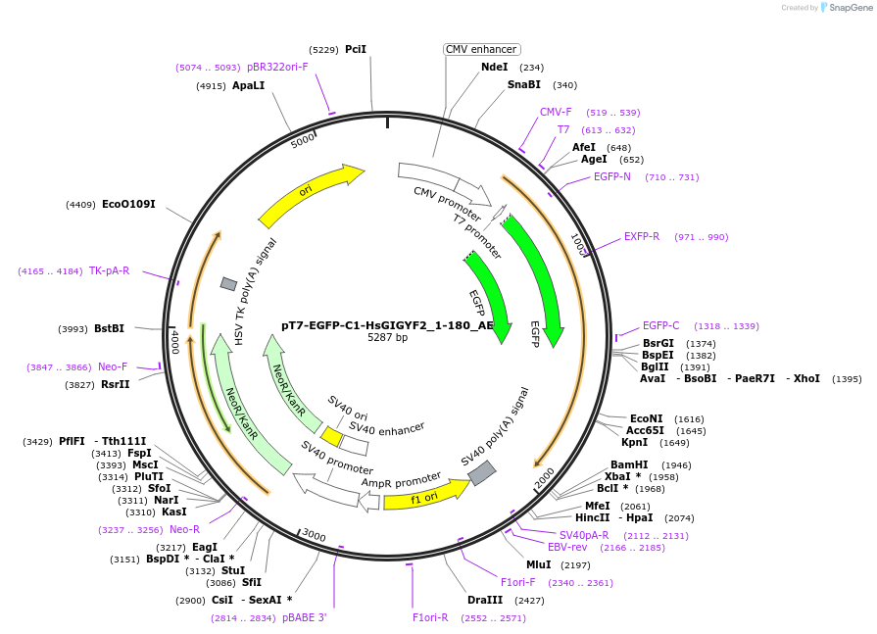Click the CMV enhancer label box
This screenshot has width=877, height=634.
pos(481,49)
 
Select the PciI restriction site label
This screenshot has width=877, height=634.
pos(356,49)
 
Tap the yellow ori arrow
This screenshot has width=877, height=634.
pos(311,194)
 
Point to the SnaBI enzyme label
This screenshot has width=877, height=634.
pos(523,84)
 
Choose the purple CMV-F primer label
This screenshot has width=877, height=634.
pos(556,112)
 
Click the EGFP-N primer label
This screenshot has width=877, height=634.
pos(612,177)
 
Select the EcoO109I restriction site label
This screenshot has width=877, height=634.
pos(128,204)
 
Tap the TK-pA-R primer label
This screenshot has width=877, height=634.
pos(109,270)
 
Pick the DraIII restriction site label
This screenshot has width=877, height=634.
pos(485,600)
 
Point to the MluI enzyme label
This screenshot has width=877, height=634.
pos(539,564)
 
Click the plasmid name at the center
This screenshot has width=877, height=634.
pos(388,325)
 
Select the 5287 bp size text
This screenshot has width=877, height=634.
pos(387,337)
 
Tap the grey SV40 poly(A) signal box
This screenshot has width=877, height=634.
pos(481,473)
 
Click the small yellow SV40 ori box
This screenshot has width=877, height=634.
pos(332,436)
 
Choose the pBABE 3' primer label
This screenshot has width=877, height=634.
pos(305,617)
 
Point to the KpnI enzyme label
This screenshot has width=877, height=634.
pos(635,442)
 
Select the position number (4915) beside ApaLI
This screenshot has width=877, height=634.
pos(211,86)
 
